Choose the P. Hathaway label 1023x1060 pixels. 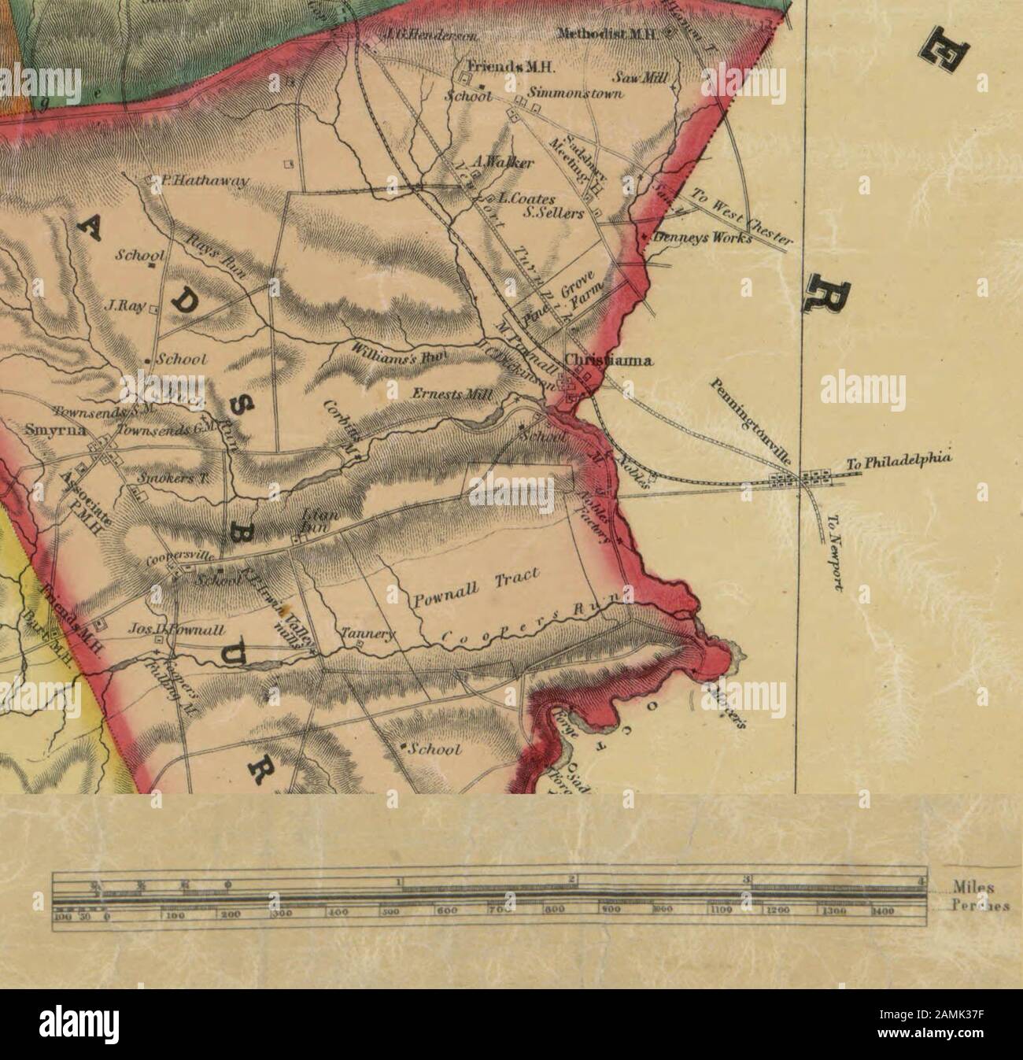pyautogui.click(x=201, y=182)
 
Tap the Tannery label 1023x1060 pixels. pyautogui.click(x=361, y=633)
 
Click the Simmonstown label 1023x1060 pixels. pyautogui.click(x=575, y=93)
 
